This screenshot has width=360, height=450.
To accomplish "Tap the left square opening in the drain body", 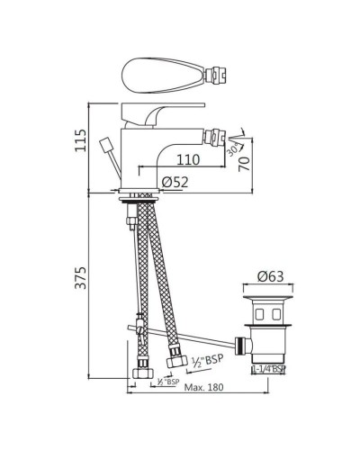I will (x=256, y=314).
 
